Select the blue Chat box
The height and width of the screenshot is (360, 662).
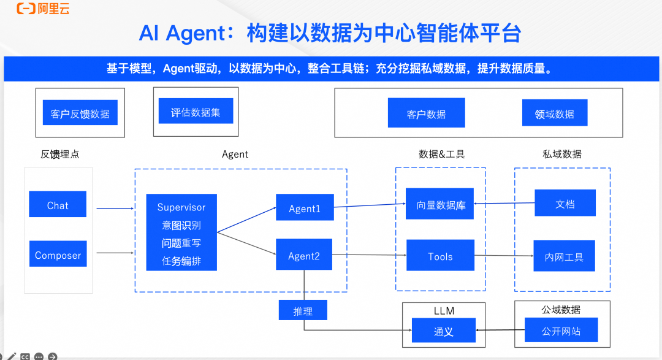(x=58, y=205)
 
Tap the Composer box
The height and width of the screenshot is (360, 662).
(x=58, y=254)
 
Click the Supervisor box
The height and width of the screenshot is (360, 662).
(x=181, y=233)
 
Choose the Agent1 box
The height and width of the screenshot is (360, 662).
(x=305, y=208)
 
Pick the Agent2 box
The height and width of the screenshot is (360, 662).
(x=304, y=255)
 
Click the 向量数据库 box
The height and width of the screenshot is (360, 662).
(x=440, y=204)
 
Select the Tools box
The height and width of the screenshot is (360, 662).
(x=440, y=256)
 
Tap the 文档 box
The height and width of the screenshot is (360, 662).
(x=565, y=203)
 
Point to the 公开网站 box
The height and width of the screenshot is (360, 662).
(x=561, y=331)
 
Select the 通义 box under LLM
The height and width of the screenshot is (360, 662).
(x=443, y=331)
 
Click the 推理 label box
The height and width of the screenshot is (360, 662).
(x=303, y=310)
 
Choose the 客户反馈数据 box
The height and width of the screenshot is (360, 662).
(x=80, y=113)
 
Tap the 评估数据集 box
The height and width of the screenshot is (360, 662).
(x=196, y=112)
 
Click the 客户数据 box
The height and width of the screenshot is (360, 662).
(x=426, y=113)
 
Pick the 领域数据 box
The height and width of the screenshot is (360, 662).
(x=554, y=113)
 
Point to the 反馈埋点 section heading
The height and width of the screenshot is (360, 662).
(x=59, y=155)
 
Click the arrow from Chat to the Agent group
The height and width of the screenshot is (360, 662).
(x=115, y=209)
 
